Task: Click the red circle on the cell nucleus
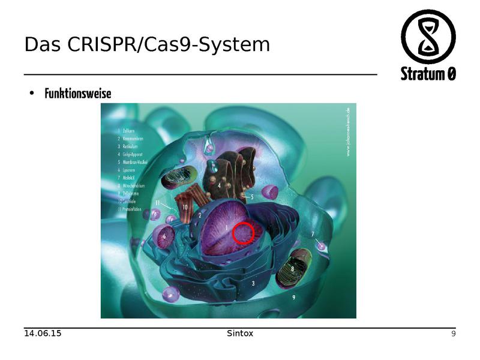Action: (243, 232)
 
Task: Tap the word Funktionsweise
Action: (78, 94)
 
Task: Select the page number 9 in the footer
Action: (454, 334)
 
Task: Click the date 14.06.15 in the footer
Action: (43, 333)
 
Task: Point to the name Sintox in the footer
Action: (240, 333)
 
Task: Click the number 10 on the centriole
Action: (185, 207)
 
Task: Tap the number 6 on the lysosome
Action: (164, 237)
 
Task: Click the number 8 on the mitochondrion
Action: (292, 270)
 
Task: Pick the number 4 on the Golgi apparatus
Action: (220, 186)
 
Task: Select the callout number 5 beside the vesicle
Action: (252, 197)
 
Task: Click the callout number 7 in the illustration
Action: (313, 233)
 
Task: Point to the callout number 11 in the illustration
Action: (158, 203)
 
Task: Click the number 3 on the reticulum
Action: (253, 283)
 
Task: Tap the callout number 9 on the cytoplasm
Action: (293, 296)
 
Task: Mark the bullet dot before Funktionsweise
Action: (31, 94)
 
